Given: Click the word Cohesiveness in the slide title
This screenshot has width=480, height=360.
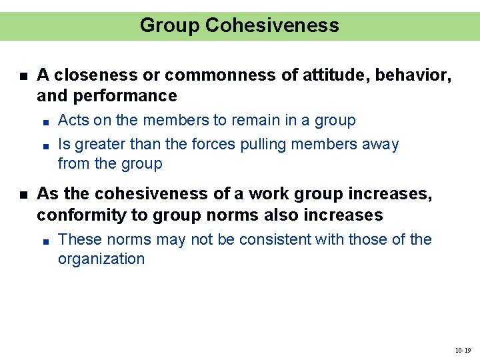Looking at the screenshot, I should (x=272, y=25).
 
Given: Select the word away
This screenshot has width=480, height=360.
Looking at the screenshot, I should (x=379, y=145).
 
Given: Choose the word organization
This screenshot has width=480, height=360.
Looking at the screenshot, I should (x=101, y=259).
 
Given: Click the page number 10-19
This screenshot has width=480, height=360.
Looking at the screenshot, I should (x=463, y=350).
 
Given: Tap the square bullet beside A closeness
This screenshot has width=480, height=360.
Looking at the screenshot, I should (x=23, y=76).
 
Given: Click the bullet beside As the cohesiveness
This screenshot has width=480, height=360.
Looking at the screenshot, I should (x=23, y=195).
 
